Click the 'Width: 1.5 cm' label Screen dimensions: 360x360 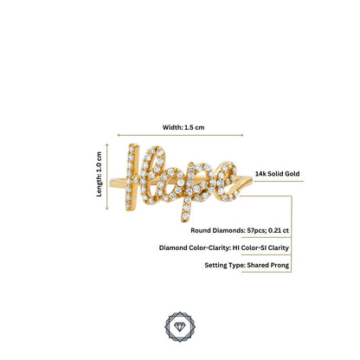click(x=183, y=127)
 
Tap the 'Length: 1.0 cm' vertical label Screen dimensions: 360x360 click(x=99, y=174)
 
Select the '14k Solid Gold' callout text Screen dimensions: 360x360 click(x=277, y=174)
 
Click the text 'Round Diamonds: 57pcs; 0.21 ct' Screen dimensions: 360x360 click(x=240, y=230)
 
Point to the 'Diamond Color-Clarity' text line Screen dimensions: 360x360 click(x=224, y=247)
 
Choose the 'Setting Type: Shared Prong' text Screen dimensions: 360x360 click(x=247, y=265)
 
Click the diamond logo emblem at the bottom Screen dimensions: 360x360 click(x=180, y=327)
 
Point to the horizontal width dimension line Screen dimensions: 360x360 click(x=180, y=135)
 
